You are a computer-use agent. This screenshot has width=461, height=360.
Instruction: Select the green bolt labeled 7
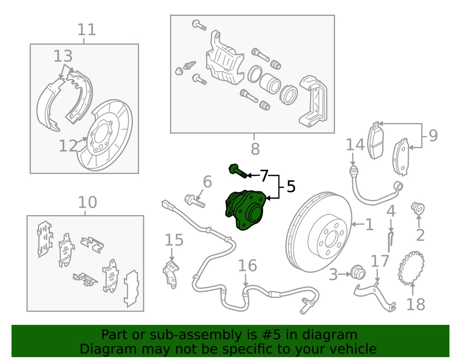(238, 171)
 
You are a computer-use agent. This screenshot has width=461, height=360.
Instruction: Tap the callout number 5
(291, 186)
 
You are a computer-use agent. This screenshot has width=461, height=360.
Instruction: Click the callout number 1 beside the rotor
(369, 224)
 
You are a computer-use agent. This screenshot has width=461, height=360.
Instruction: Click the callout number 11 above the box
(87, 30)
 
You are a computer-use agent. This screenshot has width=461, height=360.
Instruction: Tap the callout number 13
(63, 56)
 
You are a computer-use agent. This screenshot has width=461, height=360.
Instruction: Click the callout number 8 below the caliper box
(255, 149)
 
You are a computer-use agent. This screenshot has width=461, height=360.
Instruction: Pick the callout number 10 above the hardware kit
(87, 202)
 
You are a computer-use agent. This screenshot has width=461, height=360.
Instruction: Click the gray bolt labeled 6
(194, 200)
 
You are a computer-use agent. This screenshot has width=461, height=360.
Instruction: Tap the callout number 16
(247, 266)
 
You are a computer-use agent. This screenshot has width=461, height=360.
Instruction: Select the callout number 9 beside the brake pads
(433, 136)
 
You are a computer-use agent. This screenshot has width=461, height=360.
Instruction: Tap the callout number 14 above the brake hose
(355, 145)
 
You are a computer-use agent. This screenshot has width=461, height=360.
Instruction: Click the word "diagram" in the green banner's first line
(331, 335)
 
